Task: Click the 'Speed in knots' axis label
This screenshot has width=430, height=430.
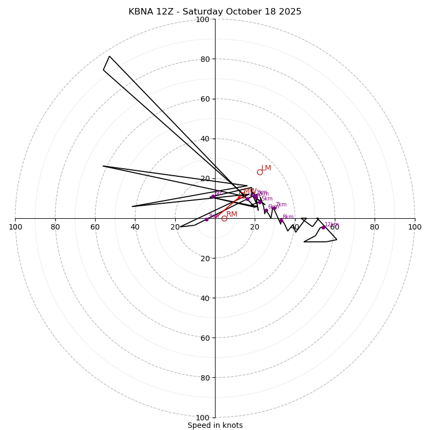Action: (215, 425)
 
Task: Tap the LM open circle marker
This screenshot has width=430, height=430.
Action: (260, 172)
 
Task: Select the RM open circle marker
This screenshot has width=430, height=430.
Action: (224, 218)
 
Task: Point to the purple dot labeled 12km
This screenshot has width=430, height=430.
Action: (323, 227)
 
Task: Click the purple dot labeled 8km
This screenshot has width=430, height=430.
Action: (281, 220)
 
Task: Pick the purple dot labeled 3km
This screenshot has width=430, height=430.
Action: (206, 219)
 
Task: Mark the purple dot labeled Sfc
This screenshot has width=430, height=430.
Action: (213, 197)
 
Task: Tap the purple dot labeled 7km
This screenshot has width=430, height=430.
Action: (274, 208)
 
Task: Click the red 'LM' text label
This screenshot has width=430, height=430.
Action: (266, 168)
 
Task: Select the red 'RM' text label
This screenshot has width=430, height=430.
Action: (232, 214)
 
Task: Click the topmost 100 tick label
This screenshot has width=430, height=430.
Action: (203, 19)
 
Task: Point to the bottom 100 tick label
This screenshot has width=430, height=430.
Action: (203, 417)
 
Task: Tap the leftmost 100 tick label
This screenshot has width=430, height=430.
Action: (16, 227)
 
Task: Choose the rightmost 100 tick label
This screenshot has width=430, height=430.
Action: (414, 227)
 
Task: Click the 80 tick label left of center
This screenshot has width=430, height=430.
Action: (55, 227)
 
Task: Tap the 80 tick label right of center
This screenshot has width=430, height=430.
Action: (375, 227)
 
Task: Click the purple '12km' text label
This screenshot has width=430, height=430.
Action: (332, 225)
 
